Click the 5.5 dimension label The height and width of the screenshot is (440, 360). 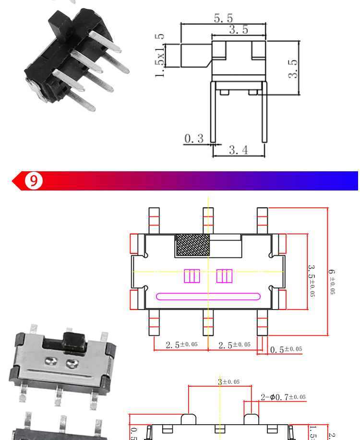coord(223,18)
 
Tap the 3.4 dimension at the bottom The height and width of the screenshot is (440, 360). coord(238,150)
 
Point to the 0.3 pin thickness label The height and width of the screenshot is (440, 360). coord(194,139)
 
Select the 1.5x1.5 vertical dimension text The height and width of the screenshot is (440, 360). coord(160,55)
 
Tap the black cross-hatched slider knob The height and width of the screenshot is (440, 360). coord(193,245)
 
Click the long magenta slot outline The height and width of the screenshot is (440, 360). coord(208,296)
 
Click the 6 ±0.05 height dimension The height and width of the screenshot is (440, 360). coord(332,282)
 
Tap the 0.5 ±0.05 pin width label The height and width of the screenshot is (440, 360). coord(286,349)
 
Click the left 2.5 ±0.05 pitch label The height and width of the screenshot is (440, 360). coord(181,345)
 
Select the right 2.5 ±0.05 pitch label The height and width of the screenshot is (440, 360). coord(234,345)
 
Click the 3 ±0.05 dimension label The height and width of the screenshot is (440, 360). coord(228,382)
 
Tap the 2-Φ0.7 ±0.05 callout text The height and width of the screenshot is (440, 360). coord(283,397)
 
